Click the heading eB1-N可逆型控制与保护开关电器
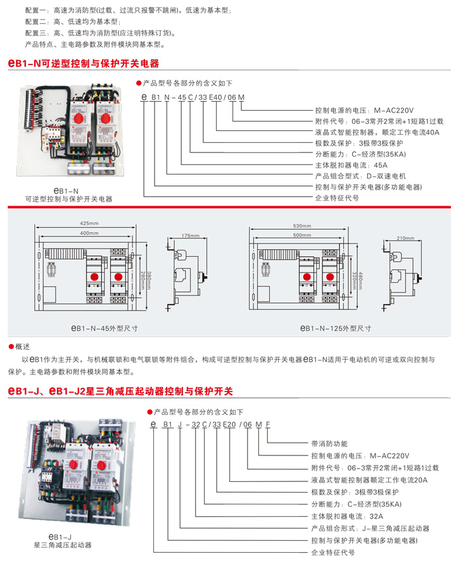pyautogui.click(x=83, y=64)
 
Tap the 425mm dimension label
pyautogui.click(x=89, y=224)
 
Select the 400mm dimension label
pyautogui.click(x=89, y=233)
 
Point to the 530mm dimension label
pyautogui.click(x=302, y=226)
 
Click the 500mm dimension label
pyautogui.click(x=302, y=235)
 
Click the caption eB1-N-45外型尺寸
pyautogui.click(x=104, y=329)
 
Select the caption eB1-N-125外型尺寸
pyautogui.click(x=336, y=329)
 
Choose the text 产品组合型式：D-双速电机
pyautogui.click(x=360, y=176)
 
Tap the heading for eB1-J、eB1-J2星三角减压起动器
pyautogui.click(x=120, y=391)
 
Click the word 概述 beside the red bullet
pyautogui.click(x=23, y=347)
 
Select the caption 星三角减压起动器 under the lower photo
pyautogui.click(x=63, y=545)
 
